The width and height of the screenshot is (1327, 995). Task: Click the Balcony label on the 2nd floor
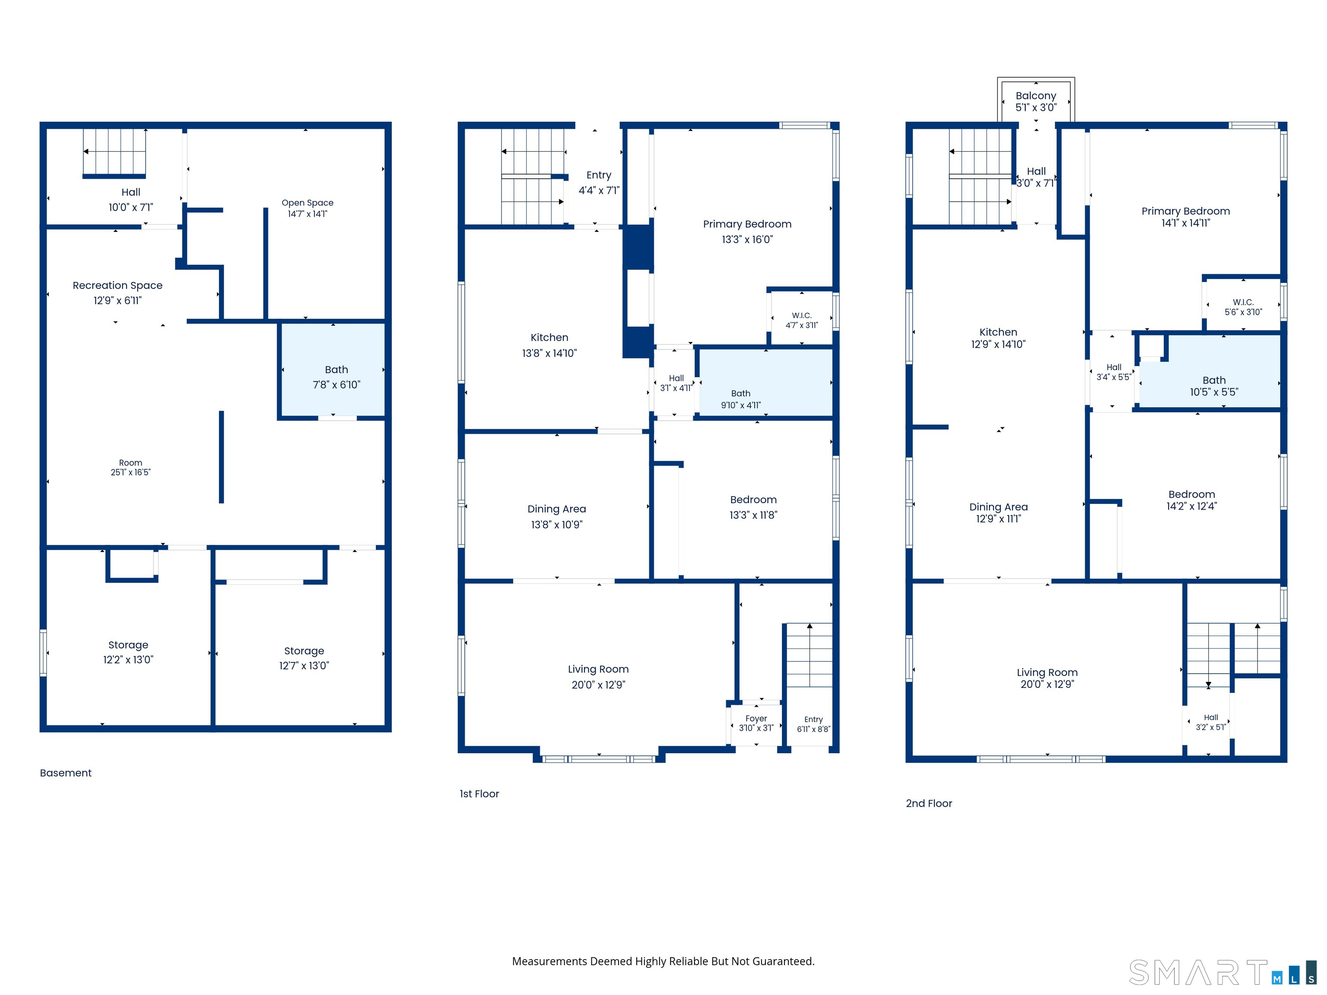tap(1035, 96)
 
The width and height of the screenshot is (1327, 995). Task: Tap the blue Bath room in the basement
tap(333, 369)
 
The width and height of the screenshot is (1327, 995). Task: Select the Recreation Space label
tap(117, 285)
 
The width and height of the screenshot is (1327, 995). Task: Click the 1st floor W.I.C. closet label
tap(801, 316)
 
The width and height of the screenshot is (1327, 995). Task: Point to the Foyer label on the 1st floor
tap(756, 719)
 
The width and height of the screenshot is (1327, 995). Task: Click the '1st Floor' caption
tap(479, 794)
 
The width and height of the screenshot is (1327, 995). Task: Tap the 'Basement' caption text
tap(66, 773)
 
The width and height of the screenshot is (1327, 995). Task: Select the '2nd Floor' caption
tap(929, 804)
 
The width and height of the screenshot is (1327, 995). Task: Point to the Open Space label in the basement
tap(308, 203)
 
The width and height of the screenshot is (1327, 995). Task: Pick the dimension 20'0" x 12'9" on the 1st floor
tap(598, 685)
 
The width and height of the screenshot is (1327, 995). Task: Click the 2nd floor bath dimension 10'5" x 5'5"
tap(1214, 392)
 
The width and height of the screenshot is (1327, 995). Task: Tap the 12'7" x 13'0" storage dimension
tap(304, 666)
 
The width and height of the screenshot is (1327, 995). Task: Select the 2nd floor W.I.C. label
tap(1243, 302)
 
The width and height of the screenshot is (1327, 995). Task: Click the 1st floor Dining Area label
tap(557, 509)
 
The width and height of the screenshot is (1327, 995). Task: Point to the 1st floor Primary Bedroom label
tap(747, 224)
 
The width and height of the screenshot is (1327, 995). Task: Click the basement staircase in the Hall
tap(114, 153)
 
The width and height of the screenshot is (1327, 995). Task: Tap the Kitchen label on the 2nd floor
tap(998, 332)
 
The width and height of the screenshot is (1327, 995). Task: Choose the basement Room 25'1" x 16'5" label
tap(130, 468)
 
